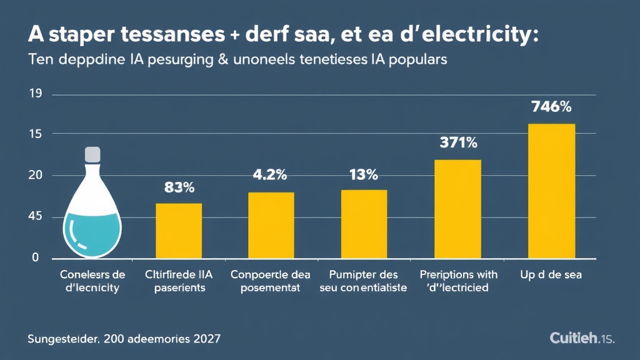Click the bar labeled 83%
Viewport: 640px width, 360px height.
click(x=179, y=231)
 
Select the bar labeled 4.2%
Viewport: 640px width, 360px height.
click(x=271, y=225)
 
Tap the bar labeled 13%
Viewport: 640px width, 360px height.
click(x=364, y=224)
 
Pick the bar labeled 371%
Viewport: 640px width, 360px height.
click(x=457, y=209)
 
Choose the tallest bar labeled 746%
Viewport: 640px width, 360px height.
click(x=551, y=191)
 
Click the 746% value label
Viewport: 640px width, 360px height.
click(x=551, y=107)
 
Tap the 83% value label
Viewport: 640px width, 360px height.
click(x=179, y=186)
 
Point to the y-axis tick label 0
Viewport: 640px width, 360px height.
click(x=36, y=257)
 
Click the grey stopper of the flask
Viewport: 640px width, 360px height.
click(x=92, y=153)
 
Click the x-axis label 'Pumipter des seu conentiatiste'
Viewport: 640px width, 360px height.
click(x=363, y=281)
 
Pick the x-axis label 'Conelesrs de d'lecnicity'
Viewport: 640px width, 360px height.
click(x=92, y=281)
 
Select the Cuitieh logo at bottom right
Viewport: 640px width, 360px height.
click(x=582, y=338)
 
